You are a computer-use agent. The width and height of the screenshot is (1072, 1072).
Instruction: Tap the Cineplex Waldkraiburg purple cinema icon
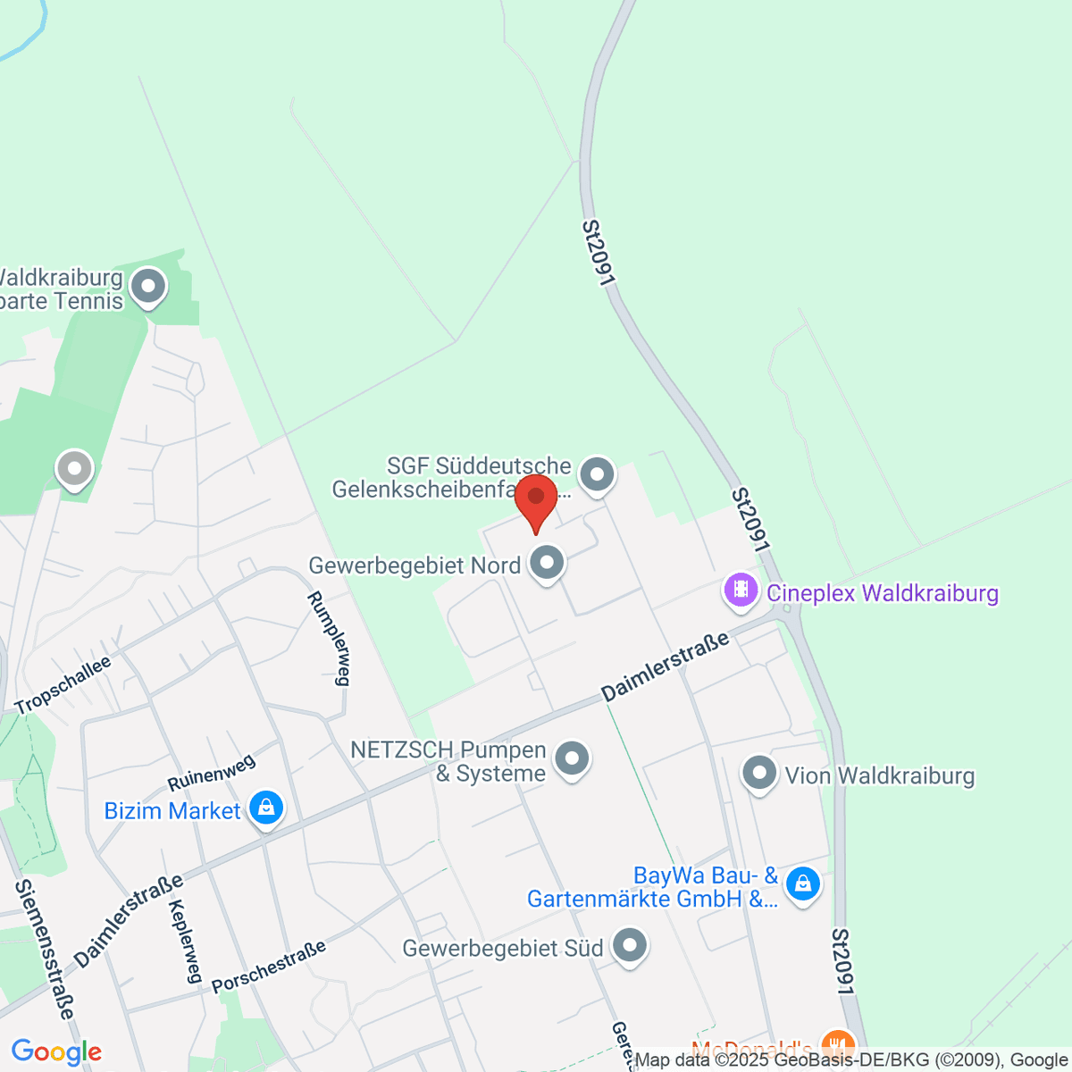tap(741, 590)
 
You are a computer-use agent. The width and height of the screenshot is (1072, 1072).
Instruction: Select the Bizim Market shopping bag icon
tap(265, 808)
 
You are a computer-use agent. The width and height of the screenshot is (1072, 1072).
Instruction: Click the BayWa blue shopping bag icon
tap(802, 884)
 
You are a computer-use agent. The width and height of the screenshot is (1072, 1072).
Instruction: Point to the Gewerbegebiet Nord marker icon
tap(547, 563)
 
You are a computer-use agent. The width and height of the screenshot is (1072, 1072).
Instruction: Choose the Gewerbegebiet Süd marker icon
tap(631, 945)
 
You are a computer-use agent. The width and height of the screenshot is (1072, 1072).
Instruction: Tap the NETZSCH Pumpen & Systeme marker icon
tap(572, 759)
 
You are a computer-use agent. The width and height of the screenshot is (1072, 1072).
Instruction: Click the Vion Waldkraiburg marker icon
tap(759, 773)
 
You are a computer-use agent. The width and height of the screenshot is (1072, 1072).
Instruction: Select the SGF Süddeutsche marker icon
tap(597, 474)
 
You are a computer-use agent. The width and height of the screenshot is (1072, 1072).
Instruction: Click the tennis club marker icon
tap(148, 287)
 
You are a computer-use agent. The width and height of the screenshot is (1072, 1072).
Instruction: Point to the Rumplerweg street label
tap(328, 638)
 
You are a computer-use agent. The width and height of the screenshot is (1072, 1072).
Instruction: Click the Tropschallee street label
tap(63, 685)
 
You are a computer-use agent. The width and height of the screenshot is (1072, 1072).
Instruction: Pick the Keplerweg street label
tap(182, 941)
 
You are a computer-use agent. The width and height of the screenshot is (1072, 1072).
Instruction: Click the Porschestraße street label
tap(269, 967)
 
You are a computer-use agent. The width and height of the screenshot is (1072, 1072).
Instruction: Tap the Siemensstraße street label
tap(44, 949)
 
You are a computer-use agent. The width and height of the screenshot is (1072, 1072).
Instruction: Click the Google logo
tap(56, 1051)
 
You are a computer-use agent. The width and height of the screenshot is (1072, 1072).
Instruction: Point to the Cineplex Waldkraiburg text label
tap(883, 593)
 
